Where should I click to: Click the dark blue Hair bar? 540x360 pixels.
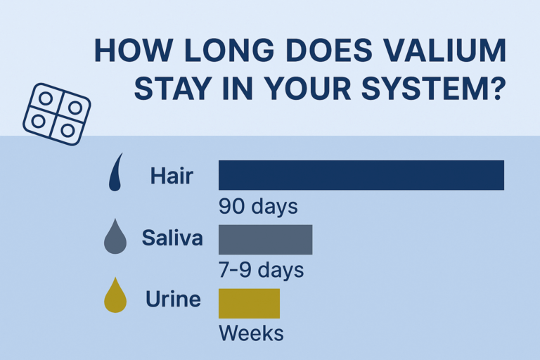pos(361,175)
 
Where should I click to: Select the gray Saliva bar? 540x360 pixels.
pos(266,240)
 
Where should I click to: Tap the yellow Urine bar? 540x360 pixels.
pos(250,304)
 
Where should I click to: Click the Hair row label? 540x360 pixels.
pos(172,176)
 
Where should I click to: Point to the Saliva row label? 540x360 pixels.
pos(172,238)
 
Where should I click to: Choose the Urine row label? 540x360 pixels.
pos(173,299)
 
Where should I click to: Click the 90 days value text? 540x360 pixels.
pos(258,207)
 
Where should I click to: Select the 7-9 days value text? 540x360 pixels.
pos(262,270)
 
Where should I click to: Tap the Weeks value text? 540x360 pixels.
pos(252,333)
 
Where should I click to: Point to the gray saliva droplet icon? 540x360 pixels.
pos(115,238)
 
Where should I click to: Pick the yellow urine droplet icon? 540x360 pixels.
pos(115,296)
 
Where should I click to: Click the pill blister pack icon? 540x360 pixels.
pos(57,114)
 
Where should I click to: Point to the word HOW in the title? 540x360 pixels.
pos(133,51)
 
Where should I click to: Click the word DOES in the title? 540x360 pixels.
pos(329,51)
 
